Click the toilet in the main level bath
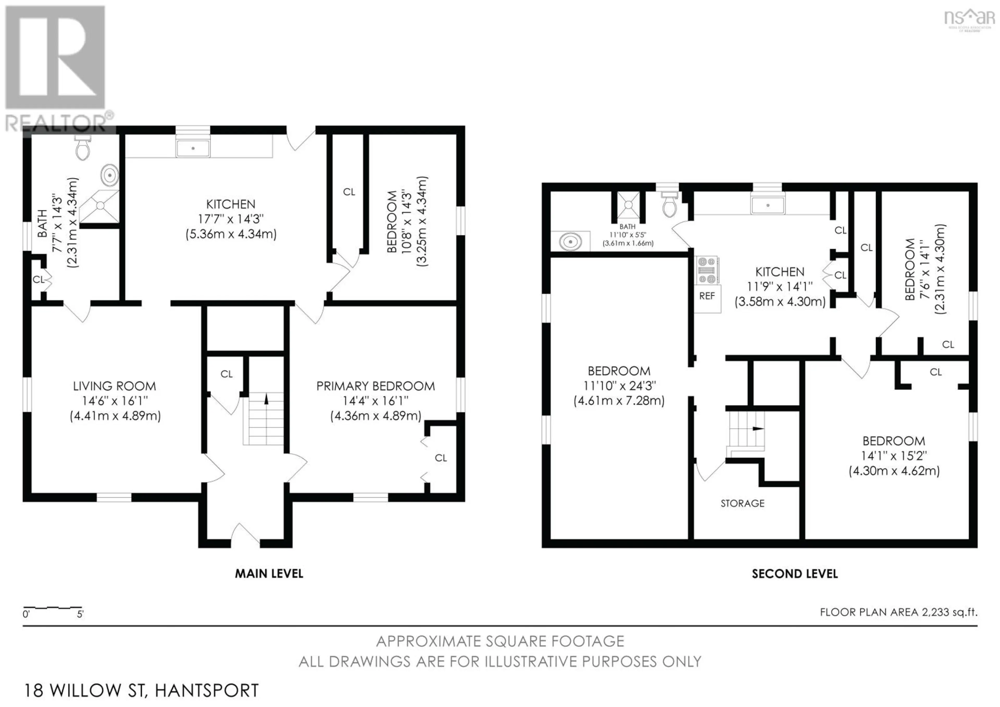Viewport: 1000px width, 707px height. coord(83,148)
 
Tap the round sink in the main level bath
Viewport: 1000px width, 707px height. coord(110,175)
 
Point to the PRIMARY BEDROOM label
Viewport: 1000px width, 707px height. coord(376,386)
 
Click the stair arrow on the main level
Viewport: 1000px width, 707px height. coord(267,399)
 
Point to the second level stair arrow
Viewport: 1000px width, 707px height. coord(758,429)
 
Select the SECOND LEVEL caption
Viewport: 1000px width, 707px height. coord(795,574)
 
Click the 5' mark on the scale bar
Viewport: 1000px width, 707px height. coord(80,615)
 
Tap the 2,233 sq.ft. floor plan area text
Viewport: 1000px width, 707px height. coord(949,612)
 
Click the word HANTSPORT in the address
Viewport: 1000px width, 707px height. coord(207,690)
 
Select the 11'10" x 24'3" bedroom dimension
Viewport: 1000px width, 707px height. coord(619,386)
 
